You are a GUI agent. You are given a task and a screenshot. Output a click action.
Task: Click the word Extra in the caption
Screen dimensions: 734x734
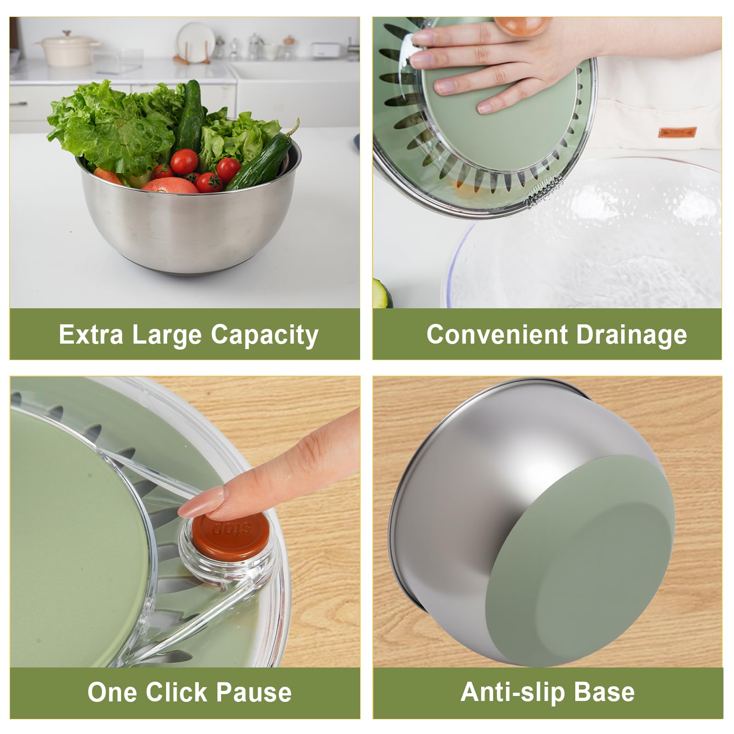pyautogui.click(x=91, y=334)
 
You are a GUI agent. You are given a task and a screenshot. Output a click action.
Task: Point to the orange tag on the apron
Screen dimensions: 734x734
pyautogui.click(x=677, y=132)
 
